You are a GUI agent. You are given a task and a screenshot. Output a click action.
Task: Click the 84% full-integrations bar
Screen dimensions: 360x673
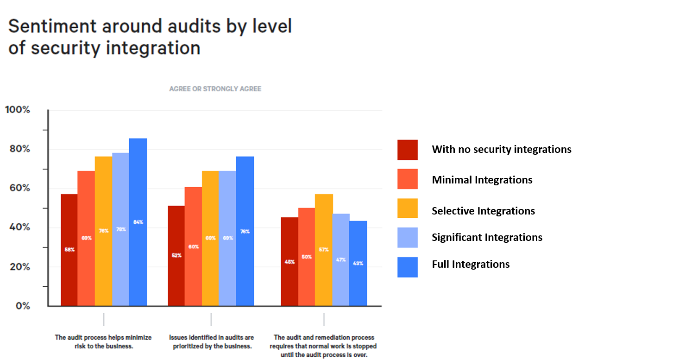tap(138, 222)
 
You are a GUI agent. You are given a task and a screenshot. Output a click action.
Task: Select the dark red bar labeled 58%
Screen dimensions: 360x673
tap(69, 250)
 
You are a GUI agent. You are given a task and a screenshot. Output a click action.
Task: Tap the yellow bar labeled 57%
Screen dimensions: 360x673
tap(323, 250)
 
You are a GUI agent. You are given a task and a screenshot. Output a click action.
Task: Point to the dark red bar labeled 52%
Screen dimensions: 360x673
tap(176, 255)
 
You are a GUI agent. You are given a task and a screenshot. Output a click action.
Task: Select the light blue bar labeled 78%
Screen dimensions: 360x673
tap(120, 229)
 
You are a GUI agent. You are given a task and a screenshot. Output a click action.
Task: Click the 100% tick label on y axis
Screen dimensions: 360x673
tap(17, 110)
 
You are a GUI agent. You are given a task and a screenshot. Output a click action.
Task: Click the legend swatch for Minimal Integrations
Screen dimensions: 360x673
tap(408, 179)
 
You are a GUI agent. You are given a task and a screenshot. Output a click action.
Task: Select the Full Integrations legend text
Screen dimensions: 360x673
tap(471, 264)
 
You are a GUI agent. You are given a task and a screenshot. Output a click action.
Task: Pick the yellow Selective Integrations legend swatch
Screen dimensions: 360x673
tap(408, 208)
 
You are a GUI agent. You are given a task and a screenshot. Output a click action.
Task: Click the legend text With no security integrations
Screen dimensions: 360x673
tap(502, 149)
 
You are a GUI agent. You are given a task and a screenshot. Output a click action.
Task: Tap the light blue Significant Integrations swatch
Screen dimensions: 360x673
tap(408, 237)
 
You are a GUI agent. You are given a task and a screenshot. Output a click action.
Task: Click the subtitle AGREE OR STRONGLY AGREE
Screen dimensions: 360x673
tap(215, 88)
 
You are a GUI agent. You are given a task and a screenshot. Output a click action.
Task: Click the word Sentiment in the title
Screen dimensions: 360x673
tap(48, 26)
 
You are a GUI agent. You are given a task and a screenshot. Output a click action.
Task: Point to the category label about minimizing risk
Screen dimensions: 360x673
tap(103, 341)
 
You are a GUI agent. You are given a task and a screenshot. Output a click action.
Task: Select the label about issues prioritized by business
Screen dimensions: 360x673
tap(211, 341)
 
